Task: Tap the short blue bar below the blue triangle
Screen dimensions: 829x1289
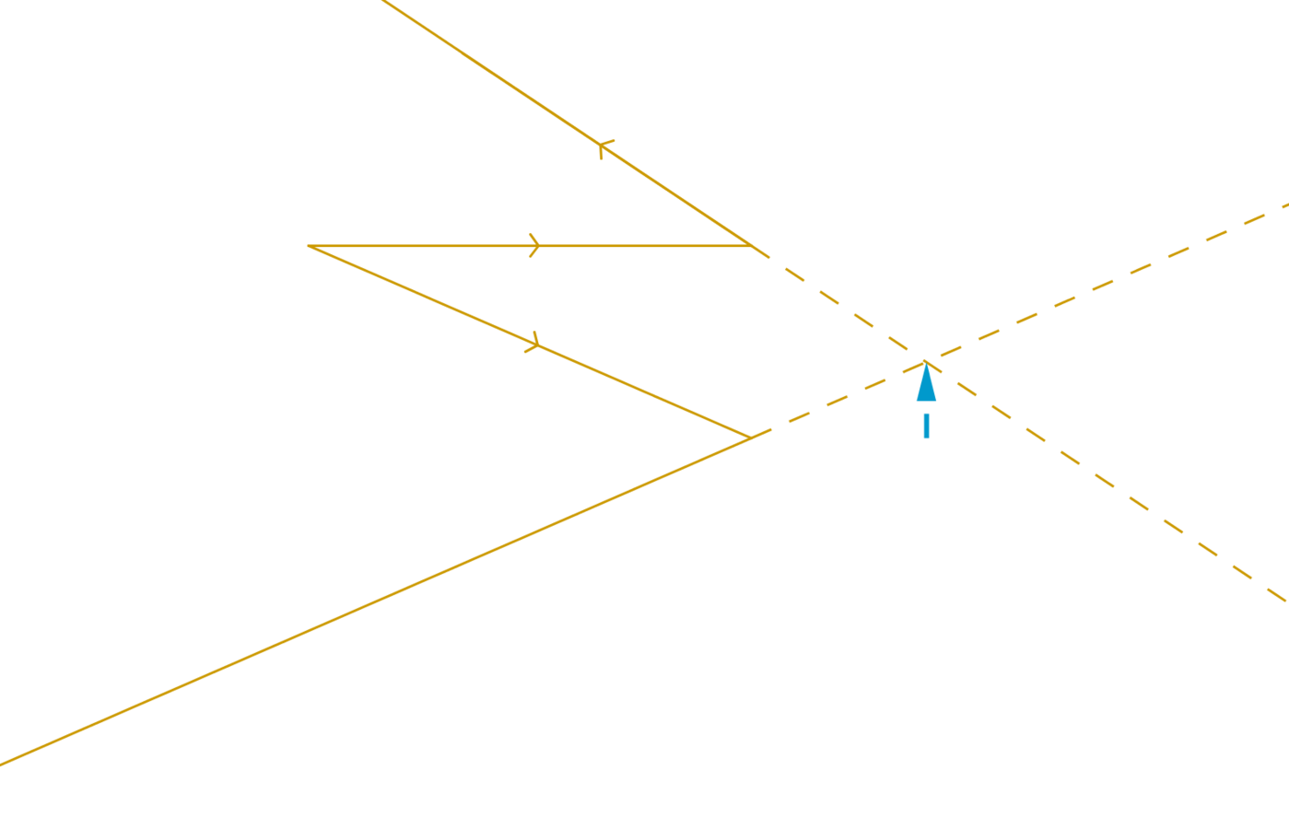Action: (926, 426)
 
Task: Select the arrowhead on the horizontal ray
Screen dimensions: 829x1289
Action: (534, 246)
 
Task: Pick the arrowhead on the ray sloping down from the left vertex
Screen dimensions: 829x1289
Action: (533, 344)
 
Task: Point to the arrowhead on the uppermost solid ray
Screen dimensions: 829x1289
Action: (604, 148)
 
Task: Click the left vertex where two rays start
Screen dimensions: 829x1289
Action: (309, 246)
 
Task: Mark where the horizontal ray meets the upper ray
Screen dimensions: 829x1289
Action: (754, 246)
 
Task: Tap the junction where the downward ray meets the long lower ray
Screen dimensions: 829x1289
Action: (750, 437)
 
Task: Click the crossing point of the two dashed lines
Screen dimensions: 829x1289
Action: (926, 359)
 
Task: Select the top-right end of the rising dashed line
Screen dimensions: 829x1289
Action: (1286, 204)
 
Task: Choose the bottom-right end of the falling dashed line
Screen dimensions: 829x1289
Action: (1285, 601)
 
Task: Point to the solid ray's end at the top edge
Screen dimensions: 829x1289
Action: (382, 1)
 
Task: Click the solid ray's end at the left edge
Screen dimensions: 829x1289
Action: (3, 764)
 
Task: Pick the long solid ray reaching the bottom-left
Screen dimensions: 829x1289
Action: (369, 603)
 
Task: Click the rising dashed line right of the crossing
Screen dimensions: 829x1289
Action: (1106, 282)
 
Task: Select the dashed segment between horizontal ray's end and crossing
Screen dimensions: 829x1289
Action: (838, 302)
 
